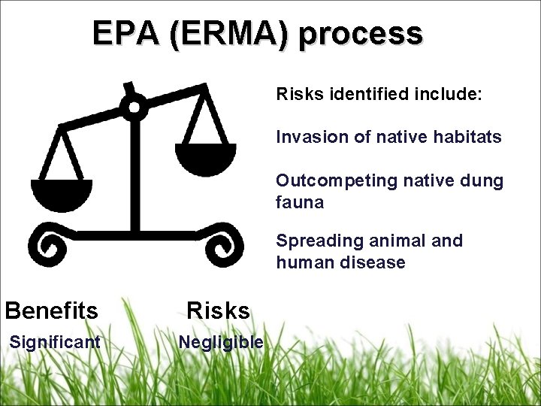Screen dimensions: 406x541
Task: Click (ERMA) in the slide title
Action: tap(228, 35)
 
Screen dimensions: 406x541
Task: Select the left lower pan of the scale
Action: tap(62, 193)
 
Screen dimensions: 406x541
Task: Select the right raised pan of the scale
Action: tap(205, 156)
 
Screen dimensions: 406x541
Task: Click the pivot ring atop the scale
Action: tap(134, 108)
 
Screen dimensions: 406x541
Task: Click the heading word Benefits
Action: tap(51, 311)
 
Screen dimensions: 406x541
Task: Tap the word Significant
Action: tap(54, 343)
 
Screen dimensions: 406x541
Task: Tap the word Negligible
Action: tap(221, 343)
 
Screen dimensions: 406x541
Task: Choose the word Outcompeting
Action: tap(326, 181)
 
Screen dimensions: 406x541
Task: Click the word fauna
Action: tap(300, 202)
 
